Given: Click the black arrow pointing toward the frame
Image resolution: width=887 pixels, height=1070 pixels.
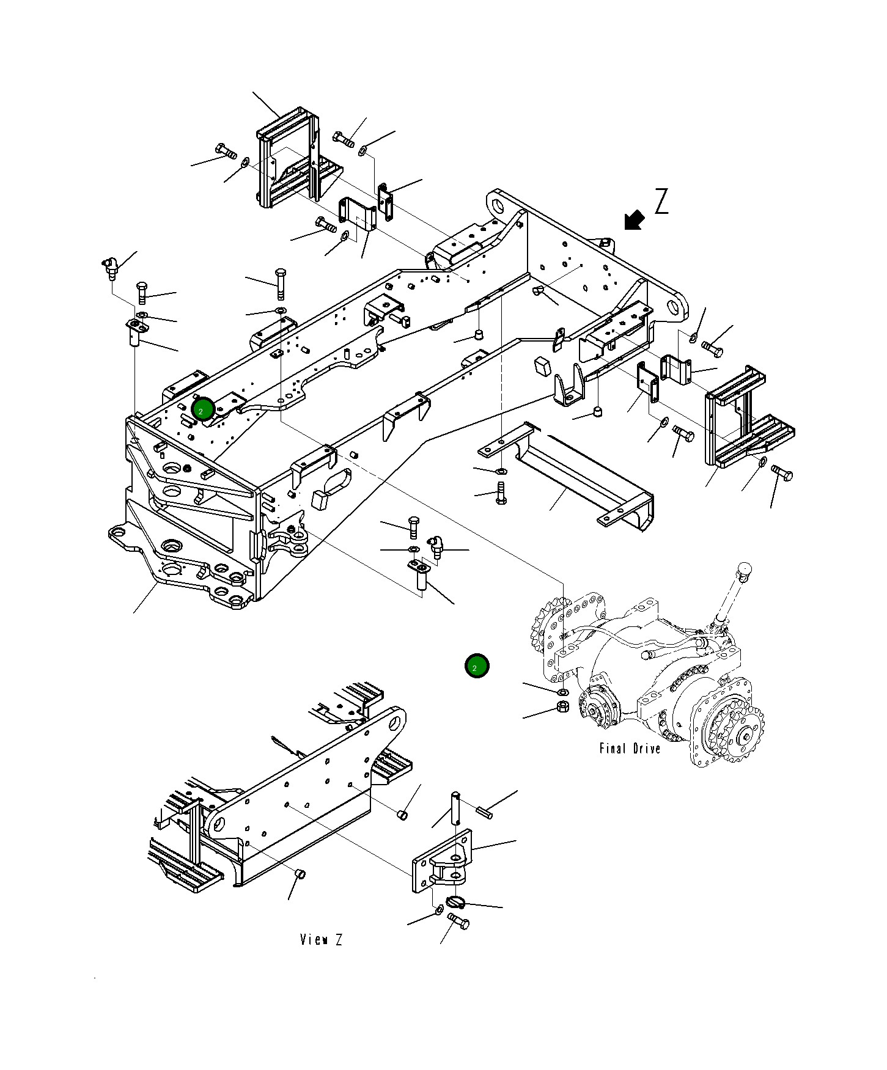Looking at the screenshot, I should (x=635, y=220).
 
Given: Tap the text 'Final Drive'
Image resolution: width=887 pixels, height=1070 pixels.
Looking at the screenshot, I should (x=630, y=749).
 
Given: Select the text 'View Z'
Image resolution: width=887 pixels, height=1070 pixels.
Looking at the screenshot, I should (x=321, y=940).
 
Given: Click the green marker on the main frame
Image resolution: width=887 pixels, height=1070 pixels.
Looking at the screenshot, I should (x=202, y=410).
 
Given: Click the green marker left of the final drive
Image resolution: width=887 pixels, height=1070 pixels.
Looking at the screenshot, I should (x=476, y=667).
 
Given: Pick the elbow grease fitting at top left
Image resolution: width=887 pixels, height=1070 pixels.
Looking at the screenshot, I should (x=109, y=266).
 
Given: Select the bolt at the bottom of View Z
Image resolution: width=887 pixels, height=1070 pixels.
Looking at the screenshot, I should (x=458, y=922).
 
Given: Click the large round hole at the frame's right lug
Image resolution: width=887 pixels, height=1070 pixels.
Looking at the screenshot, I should (x=675, y=309).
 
